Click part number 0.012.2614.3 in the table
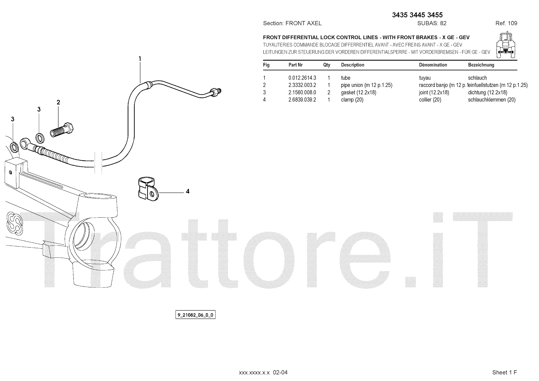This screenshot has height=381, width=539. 302,78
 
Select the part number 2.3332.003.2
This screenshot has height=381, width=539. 302,85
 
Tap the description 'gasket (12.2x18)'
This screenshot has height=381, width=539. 358,92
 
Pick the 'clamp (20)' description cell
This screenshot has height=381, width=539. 352,100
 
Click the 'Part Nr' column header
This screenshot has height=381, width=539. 295,65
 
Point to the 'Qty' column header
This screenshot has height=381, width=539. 327,65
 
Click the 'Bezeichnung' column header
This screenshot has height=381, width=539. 481,65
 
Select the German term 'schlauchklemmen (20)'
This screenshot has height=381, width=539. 492,100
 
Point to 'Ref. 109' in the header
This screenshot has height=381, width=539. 506,23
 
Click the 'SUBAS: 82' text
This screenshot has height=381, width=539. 432,23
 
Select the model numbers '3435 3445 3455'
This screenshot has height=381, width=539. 417,15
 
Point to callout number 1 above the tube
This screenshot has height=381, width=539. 140,59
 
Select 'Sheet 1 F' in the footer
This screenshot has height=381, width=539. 504,372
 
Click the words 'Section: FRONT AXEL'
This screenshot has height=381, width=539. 292,23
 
